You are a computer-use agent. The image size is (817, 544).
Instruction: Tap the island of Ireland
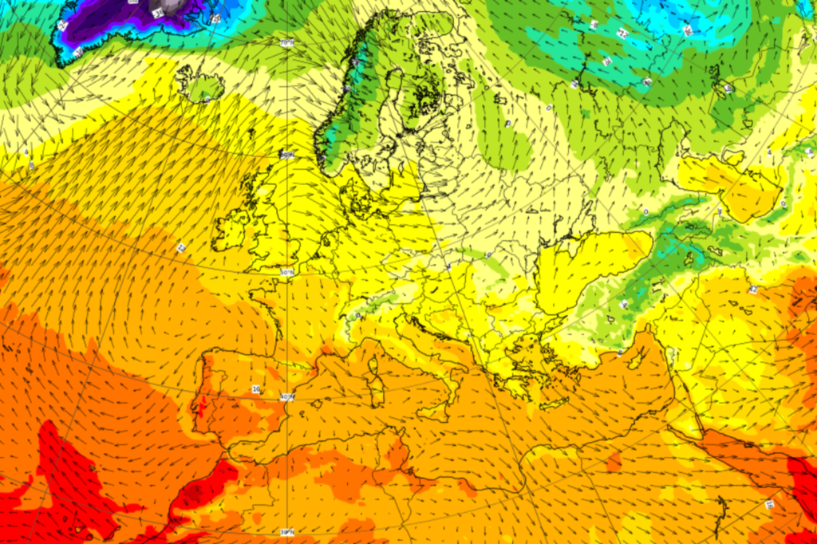(x=230, y=231)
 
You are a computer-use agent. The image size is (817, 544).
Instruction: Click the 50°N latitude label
(x=287, y=272)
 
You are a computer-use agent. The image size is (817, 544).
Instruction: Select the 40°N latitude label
(x=287, y=396)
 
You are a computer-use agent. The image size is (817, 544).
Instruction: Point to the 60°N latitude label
(x=288, y=155)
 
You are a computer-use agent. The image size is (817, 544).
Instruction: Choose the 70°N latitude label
(x=287, y=41)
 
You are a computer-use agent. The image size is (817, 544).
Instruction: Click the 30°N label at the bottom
(x=286, y=532)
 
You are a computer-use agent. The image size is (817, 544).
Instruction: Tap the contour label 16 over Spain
(x=255, y=389)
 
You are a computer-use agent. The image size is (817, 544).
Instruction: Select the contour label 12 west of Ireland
(x=182, y=248)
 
